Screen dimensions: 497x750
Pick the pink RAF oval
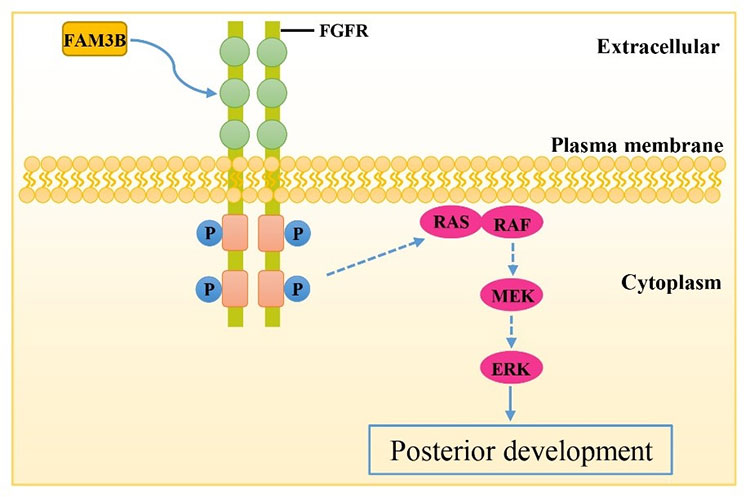point(512,225)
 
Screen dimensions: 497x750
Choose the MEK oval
point(512,297)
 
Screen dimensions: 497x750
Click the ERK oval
point(512,369)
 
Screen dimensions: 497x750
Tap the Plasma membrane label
point(636,146)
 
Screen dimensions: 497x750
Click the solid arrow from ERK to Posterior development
point(512,404)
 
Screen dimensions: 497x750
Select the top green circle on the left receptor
point(233,50)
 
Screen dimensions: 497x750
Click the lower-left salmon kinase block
point(233,288)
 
